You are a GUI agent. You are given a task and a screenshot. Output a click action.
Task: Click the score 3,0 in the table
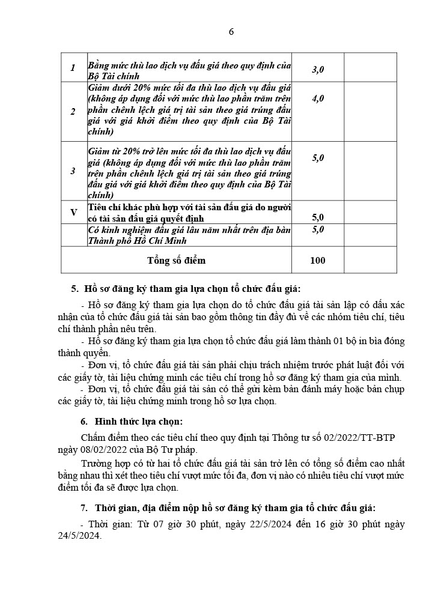coord(318,70)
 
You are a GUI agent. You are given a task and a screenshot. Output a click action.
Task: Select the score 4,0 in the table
coord(318,98)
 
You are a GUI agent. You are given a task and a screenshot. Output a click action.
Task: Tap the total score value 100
coord(317,260)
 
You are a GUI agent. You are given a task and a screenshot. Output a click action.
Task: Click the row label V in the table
coord(74,212)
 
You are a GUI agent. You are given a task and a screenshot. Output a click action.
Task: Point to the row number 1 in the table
coord(73,68)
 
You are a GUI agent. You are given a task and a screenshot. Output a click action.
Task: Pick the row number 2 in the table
coord(73,112)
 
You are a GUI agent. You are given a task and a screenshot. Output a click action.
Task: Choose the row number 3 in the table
coord(73,171)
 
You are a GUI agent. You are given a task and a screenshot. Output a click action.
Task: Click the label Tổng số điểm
coord(176,260)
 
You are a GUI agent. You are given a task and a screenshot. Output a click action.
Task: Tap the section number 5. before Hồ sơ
coord(75,289)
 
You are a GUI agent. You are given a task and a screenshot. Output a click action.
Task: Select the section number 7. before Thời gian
coord(84,507)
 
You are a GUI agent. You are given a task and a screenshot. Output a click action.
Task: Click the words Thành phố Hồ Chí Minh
coord(138,241)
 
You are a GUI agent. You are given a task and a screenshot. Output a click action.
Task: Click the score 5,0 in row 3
coord(318,158)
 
